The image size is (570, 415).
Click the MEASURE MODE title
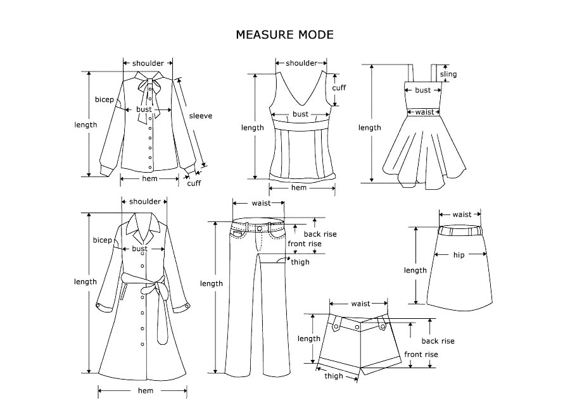tap(284, 34)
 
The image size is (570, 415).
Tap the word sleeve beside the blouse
tap(200, 116)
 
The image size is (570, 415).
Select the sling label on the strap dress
tap(448, 75)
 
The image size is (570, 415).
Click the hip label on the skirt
tap(460, 255)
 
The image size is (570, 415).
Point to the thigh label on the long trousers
tap(300, 262)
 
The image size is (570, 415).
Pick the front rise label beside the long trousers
tap(305, 244)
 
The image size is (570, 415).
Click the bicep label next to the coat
tap(102, 240)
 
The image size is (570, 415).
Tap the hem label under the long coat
tap(145, 391)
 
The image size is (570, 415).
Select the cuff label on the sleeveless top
tap(339, 88)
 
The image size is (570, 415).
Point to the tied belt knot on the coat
tap(149, 289)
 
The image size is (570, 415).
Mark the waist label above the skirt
tap(462, 214)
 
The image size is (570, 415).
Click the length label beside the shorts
tap(309, 338)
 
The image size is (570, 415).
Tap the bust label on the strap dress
tap(422, 90)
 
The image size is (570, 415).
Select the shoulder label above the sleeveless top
tap(301, 63)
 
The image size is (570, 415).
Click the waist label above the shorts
tap(360, 304)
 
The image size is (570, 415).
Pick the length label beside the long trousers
tap(212, 283)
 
